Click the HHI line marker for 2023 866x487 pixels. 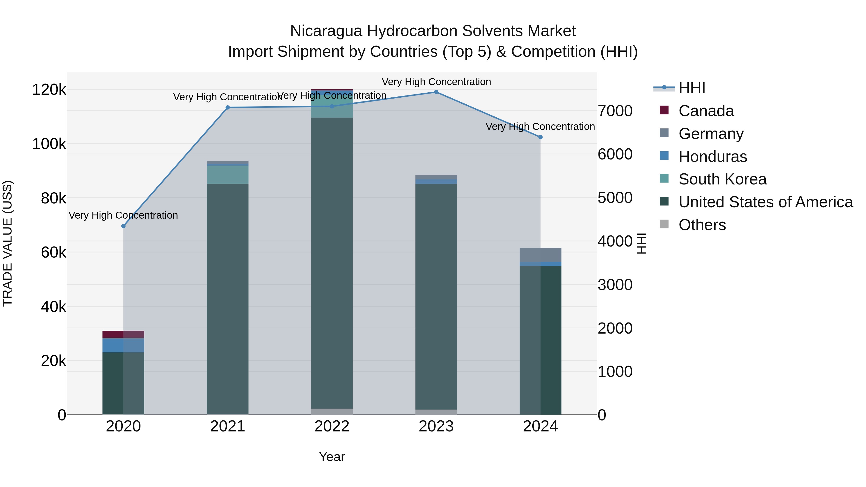pos(436,92)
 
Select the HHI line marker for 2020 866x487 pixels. pos(123,226)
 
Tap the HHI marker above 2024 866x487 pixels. pos(540,137)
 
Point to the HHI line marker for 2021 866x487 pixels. pos(228,108)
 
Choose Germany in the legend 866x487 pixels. pos(711,134)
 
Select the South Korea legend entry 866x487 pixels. pos(722,179)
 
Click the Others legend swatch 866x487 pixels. pos(664,224)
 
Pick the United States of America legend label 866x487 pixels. pos(765,202)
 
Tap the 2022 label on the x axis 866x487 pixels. pos(332,426)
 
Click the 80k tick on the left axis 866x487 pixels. pos(53,198)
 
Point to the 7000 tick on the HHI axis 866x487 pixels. pos(615,111)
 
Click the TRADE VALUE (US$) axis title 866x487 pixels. pos(7,243)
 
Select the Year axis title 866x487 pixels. pos(332,457)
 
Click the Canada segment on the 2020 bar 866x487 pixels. pos(123,334)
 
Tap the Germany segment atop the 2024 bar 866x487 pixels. pos(540,255)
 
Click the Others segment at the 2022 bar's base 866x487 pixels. pos(332,412)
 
